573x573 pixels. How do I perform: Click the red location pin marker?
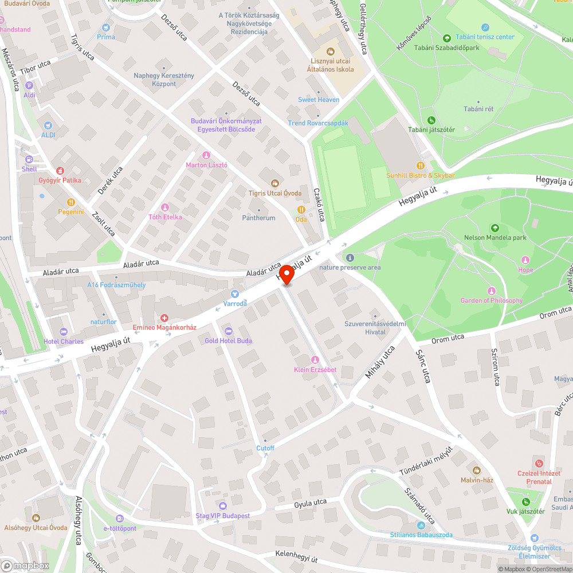pos(286,274)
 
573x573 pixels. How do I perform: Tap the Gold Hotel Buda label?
pos(228,340)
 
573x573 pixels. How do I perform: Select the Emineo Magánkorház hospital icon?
pos(164,317)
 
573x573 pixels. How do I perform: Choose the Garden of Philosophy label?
pos(491,300)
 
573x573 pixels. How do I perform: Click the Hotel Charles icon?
pos(64,332)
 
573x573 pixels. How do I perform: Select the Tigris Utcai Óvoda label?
pos(275,193)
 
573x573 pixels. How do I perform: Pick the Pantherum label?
pos(258,218)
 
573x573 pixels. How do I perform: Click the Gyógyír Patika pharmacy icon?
pos(60,171)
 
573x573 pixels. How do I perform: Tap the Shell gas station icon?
pos(29,159)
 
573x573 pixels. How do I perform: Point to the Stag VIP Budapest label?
pos(222,516)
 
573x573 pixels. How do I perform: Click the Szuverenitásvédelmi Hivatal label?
pos(375,328)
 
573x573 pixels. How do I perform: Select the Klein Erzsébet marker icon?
pos(315,360)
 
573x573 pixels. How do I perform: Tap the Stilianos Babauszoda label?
pos(421,535)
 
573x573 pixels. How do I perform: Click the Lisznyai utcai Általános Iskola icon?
pos(330,52)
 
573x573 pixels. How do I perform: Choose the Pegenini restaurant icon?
pos(70,202)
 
